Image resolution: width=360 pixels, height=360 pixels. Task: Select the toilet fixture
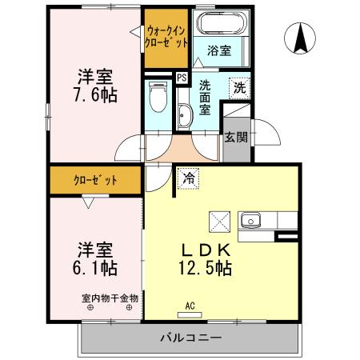pos(158,100)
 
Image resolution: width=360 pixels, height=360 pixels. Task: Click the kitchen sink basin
pos(250,218)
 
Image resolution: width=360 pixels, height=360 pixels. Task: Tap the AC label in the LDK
pos(190,305)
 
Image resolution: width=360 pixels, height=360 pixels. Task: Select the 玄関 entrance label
pos(235,137)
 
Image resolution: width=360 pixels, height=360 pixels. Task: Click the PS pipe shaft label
pos(182,78)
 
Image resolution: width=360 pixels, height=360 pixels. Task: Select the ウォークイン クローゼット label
pos(166,36)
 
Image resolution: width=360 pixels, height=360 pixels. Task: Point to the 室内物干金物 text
pos(110,298)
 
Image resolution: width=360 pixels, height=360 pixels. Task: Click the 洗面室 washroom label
pos(205,98)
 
